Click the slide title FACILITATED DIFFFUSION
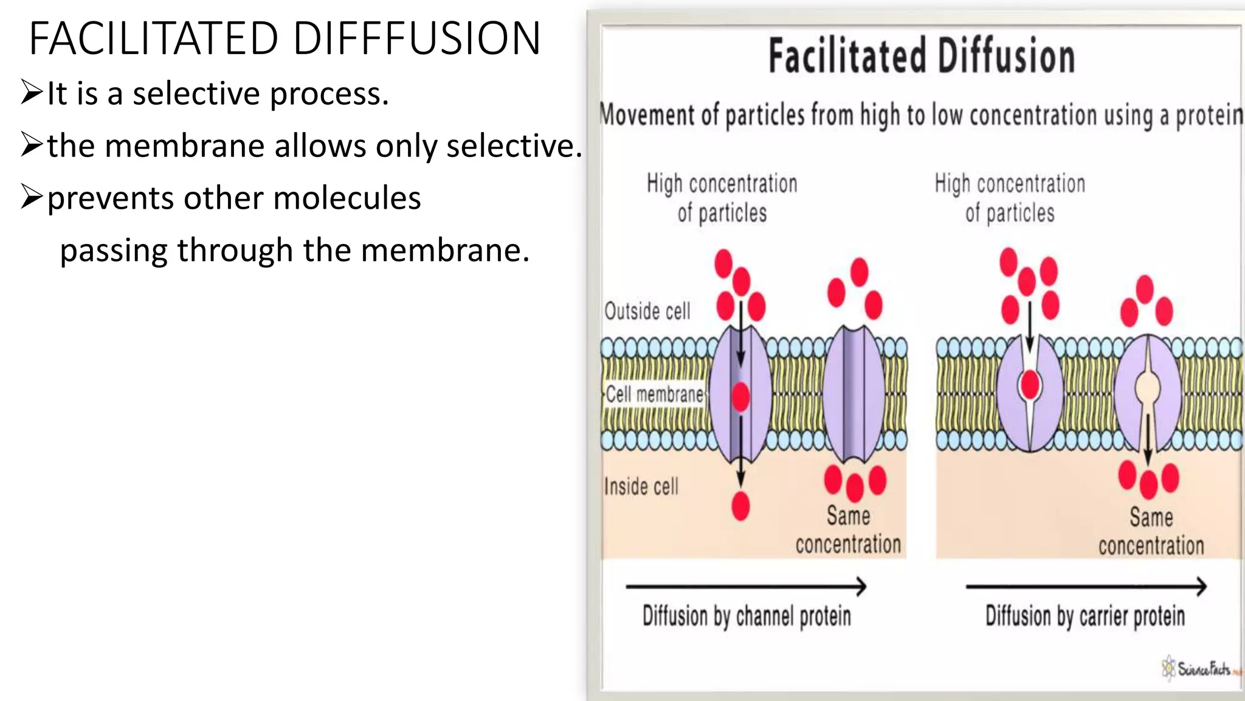click(x=285, y=38)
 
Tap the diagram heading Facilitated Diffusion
click(x=922, y=56)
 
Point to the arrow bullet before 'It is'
click(x=31, y=92)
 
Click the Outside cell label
click(x=647, y=311)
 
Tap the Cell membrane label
click(x=655, y=394)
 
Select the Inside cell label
click(x=641, y=486)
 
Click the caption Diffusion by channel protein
click(x=747, y=616)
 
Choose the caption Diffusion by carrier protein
click(x=1085, y=616)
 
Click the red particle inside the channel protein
click(x=740, y=397)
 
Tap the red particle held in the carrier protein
click(x=1030, y=385)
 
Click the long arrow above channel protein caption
click(x=746, y=587)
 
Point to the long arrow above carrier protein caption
click(x=1086, y=587)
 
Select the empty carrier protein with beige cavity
click(x=1148, y=392)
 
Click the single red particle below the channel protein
click(x=740, y=506)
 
